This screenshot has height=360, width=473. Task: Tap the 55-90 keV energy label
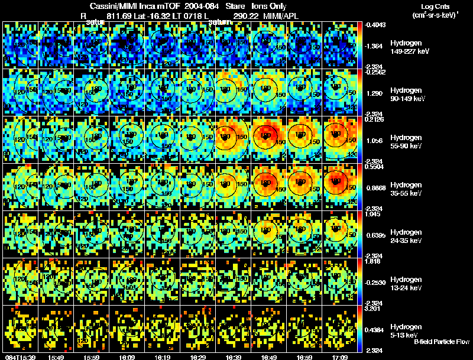(406, 146)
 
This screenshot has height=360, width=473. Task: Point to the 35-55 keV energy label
(406, 193)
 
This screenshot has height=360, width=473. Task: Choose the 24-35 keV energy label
(406, 241)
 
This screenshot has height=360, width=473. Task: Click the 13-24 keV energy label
(406, 288)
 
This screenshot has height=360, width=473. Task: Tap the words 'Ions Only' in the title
(270, 5)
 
